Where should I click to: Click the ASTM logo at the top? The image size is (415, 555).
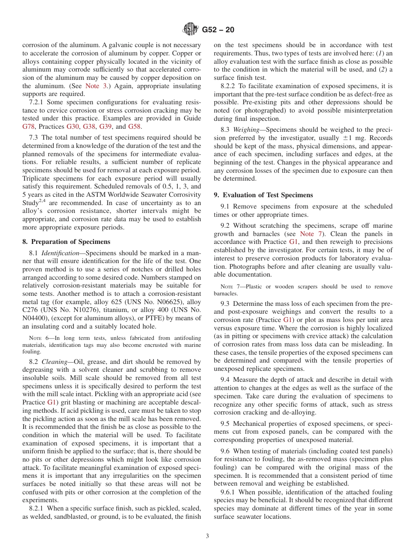tap(190, 30)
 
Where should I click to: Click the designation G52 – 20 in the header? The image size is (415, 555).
tap(218, 30)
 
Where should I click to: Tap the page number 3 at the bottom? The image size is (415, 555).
tap(207, 536)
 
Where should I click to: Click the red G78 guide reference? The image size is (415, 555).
tap(28, 127)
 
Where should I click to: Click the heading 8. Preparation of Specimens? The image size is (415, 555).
tap(66, 241)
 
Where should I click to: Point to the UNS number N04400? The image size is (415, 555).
tap(37, 318)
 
